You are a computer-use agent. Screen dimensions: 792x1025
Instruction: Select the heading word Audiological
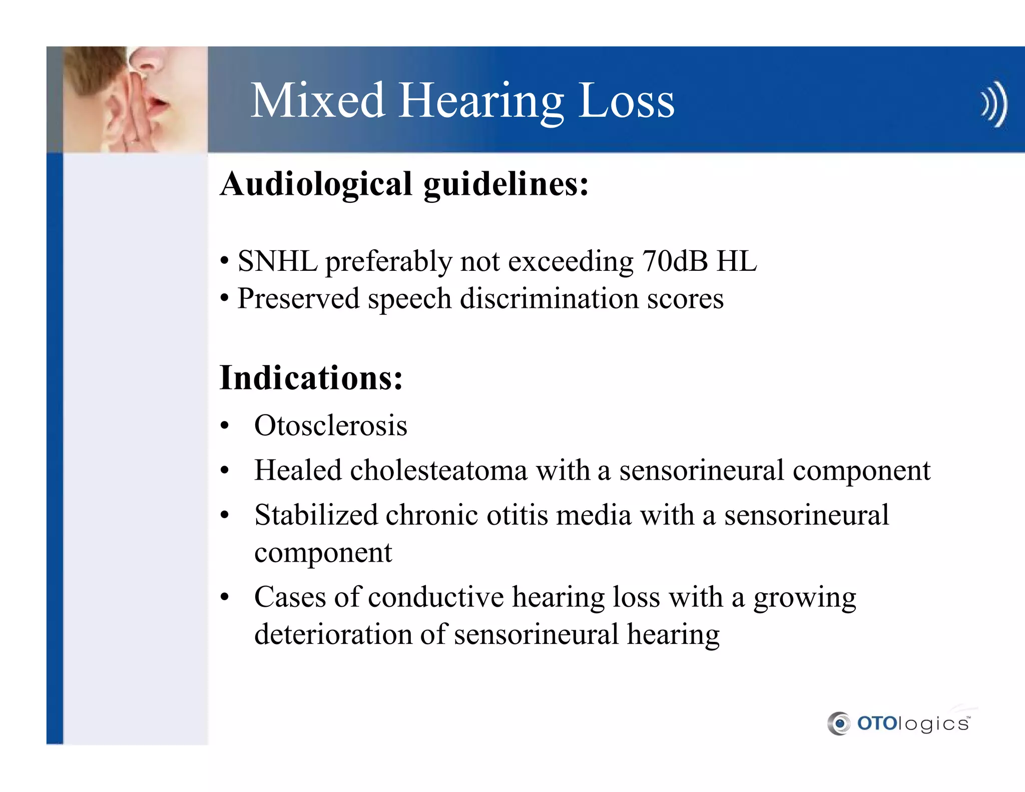point(316,184)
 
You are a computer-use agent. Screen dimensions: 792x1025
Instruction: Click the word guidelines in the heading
point(505,184)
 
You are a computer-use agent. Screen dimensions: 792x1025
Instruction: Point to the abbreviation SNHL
point(277,261)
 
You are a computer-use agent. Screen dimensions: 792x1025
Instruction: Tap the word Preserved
point(298,299)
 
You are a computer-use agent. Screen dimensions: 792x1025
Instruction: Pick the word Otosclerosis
point(331,426)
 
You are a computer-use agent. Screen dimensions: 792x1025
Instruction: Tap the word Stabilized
point(316,515)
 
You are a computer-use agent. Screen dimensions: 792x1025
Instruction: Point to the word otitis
point(517,515)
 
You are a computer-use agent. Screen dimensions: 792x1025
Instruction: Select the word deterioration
point(333,634)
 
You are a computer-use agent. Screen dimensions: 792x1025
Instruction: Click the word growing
point(805,598)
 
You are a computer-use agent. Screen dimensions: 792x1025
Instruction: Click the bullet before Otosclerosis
point(225,427)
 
